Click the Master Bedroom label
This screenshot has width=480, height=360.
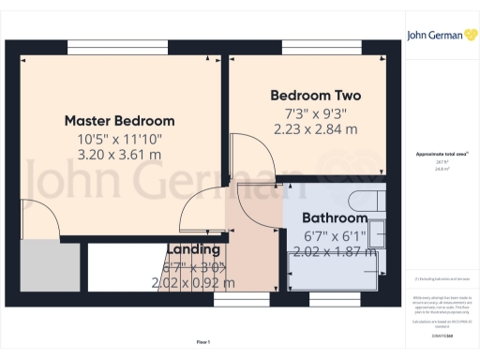pos(119,121)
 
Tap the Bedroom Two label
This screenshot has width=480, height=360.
pos(315,96)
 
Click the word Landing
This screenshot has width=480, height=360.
pos(194,249)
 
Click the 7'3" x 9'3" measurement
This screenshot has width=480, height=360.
pos(315,113)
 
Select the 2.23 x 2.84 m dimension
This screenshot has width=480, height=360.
pos(315,130)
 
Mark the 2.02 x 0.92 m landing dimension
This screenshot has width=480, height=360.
pos(194,282)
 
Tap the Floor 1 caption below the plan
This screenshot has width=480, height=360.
pos(202,342)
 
